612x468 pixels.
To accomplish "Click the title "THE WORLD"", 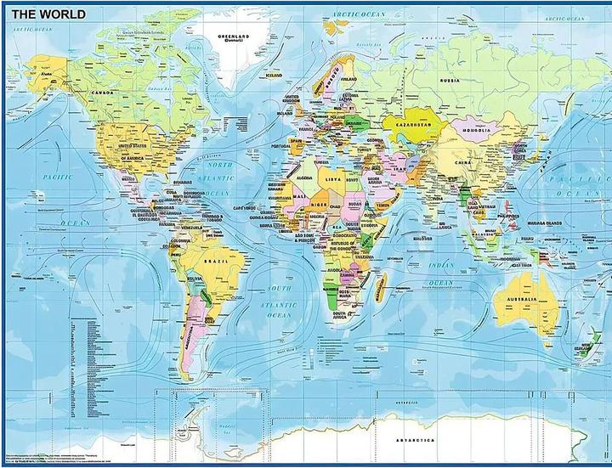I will coord(48,14).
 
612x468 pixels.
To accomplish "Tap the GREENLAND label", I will coord(229,37).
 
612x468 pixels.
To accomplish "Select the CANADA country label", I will coord(103,92).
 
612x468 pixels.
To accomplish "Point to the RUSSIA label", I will coord(450,80).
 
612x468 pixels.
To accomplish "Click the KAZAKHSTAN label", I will coord(407,124).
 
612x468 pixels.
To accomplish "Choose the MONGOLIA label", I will coord(476,131).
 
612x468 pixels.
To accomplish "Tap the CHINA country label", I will coord(462,161).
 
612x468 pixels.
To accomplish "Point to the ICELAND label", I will coord(273,75).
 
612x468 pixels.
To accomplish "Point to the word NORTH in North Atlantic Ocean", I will coord(220,166).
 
